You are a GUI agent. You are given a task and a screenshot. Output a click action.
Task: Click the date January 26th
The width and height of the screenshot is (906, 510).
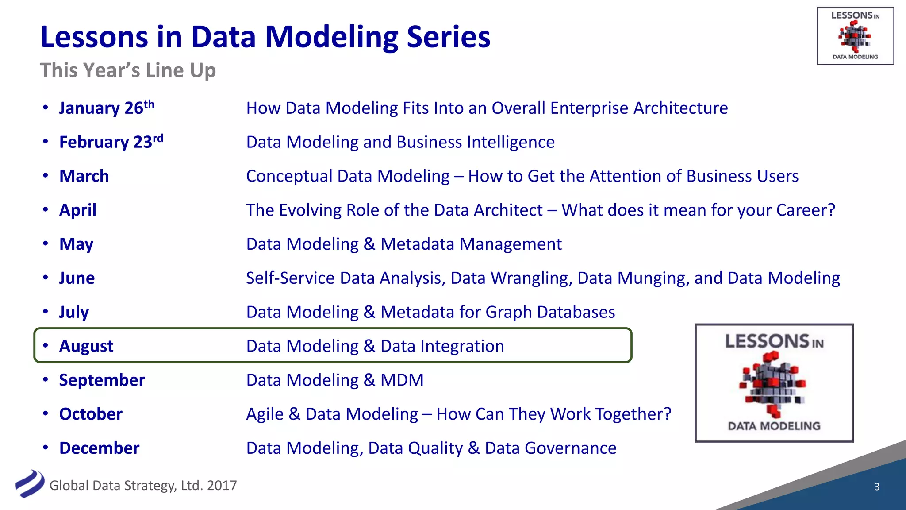pyautogui.click(x=106, y=108)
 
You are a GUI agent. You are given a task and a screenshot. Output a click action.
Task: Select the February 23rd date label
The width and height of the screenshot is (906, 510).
pyautogui.click(x=111, y=142)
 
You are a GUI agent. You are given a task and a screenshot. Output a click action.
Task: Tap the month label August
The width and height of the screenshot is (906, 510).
pyautogui.click(x=86, y=346)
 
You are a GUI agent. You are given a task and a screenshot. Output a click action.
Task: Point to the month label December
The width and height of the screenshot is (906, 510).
pyautogui.click(x=99, y=448)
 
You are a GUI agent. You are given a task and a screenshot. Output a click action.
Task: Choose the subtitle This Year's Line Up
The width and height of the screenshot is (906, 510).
pyautogui.click(x=128, y=70)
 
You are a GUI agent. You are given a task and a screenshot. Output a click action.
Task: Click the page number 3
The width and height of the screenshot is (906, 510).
pyautogui.click(x=877, y=487)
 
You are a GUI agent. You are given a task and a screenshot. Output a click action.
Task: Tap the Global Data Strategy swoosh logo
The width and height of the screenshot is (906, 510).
pyautogui.click(x=29, y=483)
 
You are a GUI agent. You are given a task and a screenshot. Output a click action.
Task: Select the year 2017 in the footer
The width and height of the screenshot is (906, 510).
pyautogui.click(x=222, y=486)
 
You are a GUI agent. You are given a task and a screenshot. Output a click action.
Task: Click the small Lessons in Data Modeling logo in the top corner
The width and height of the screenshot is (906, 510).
pyautogui.click(x=855, y=36)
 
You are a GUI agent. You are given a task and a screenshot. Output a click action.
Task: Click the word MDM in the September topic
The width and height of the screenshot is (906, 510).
pyautogui.click(x=402, y=380)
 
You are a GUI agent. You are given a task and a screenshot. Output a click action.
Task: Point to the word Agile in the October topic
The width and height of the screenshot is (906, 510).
pyautogui.click(x=265, y=414)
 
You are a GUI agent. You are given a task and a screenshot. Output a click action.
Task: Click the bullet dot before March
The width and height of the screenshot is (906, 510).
pyautogui.click(x=46, y=175)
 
